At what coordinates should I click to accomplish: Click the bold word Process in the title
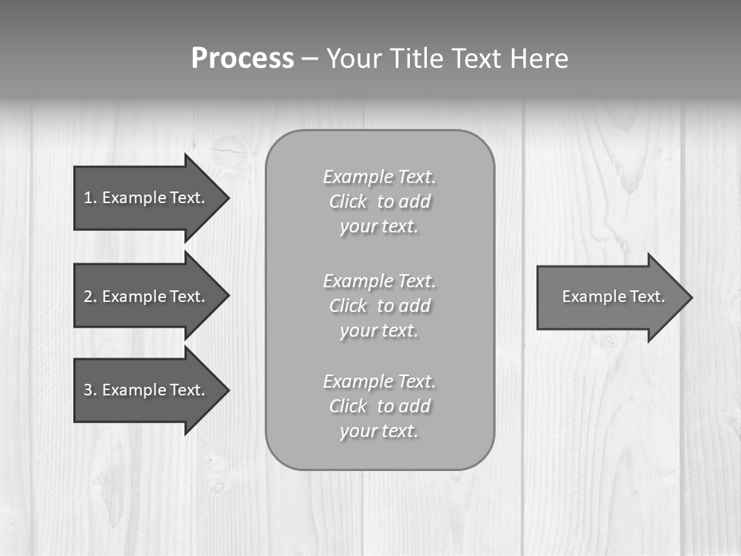tap(242, 59)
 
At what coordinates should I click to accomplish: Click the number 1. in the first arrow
tap(90, 198)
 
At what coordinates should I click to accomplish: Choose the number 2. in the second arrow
tap(90, 297)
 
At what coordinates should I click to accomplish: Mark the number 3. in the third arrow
tap(90, 390)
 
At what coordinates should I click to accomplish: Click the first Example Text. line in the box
tap(379, 177)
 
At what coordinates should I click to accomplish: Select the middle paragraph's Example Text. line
tap(379, 280)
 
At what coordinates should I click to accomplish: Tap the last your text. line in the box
tap(379, 431)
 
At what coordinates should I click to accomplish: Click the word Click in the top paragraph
tap(348, 202)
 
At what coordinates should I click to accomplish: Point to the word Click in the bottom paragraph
tap(348, 406)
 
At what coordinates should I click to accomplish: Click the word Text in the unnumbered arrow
tap(647, 297)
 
